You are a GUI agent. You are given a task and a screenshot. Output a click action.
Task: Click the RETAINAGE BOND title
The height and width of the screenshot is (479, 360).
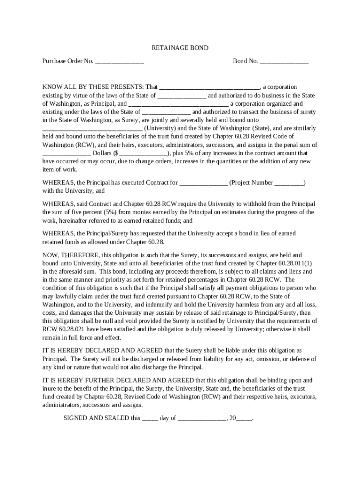click(180, 48)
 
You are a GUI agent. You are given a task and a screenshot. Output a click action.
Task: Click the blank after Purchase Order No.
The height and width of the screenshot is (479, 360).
click(120, 61)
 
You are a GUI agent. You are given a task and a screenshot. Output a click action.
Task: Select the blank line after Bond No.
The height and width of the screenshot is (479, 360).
click(284, 61)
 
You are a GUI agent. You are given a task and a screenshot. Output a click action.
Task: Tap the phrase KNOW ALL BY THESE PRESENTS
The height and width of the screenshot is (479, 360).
click(93, 87)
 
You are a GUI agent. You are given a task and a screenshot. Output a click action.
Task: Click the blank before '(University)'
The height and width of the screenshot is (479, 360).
click(93, 128)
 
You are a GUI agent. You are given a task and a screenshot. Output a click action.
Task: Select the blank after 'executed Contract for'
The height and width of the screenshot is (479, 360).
click(204, 182)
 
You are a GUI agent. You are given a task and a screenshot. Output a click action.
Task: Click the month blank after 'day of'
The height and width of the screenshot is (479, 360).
click(202, 418)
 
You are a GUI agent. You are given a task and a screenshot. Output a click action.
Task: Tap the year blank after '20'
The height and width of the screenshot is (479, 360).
click(244, 418)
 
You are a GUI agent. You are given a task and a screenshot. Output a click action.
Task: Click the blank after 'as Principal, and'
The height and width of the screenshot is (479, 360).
click(178, 103)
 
